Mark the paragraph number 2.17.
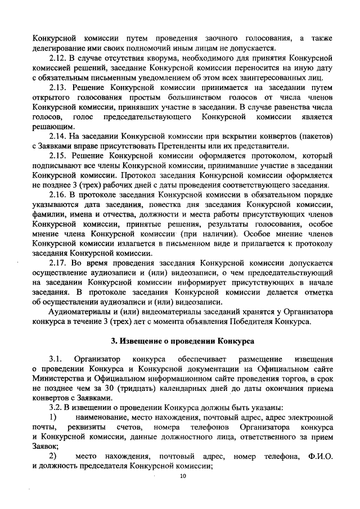coord(57,263)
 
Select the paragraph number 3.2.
coord(57,407)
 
